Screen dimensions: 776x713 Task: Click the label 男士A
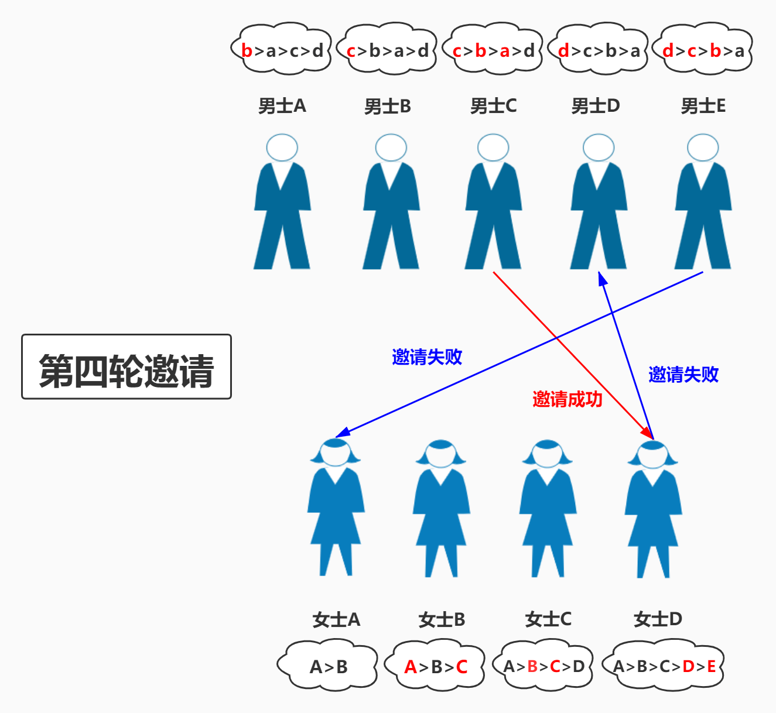pyautogui.click(x=282, y=106)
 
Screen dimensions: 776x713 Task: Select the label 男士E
pyautogui.click(x=703, y=106)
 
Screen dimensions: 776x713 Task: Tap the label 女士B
pyautogui.click(x=442, y=619)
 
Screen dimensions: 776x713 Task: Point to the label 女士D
pyautogui.click(x=658, y=619)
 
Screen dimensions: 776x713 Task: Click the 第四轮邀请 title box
pyautogui.click(x=127, y=367)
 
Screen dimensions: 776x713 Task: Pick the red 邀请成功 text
pyautogui.click(x=567, y=399)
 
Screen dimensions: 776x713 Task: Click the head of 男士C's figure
pyautogui.click(x=493, y=148)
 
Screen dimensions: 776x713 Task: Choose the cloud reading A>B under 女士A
pyautogui.click(x=328, y=666)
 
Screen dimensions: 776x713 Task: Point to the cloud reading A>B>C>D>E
pyautogui.click(x=665, y=666)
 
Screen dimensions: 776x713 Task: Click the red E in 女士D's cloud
pyautogui.click(x=711, y=666)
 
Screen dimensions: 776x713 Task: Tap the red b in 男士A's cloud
pyautogui.click(x=247, y=51)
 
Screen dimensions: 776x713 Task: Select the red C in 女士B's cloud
pyautogui.click(x=462, y=667)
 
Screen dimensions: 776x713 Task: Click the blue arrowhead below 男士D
pyautogui.click(x=602, y=278)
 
